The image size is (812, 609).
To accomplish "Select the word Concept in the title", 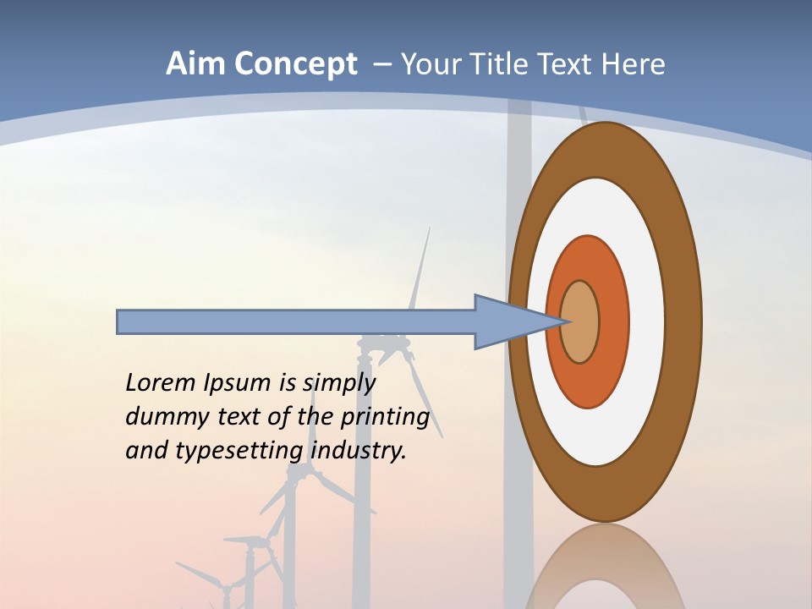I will point(296,65).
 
